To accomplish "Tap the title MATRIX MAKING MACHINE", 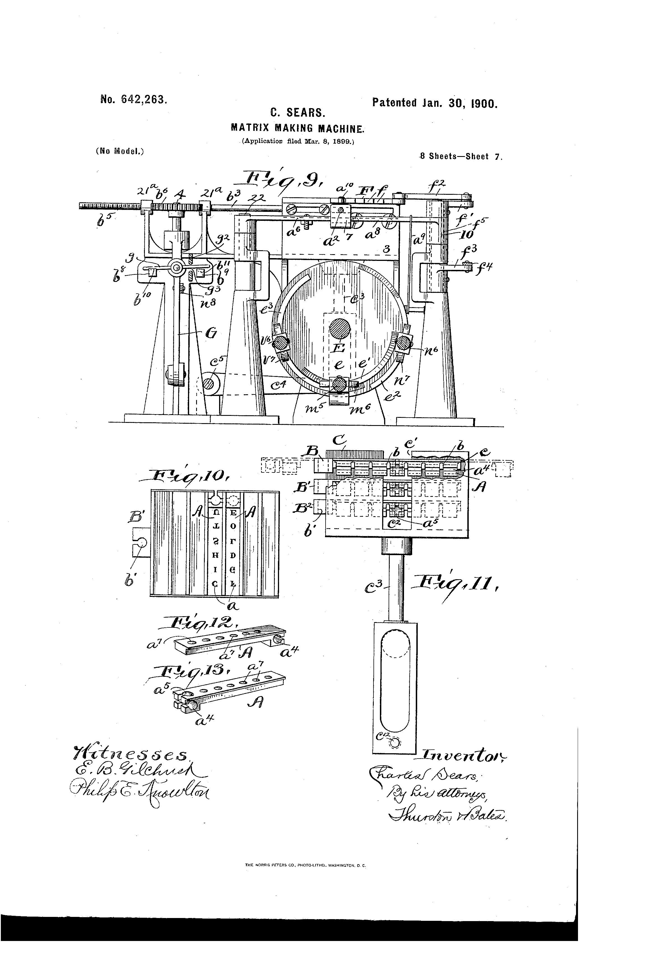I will [x=298, y=128].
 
